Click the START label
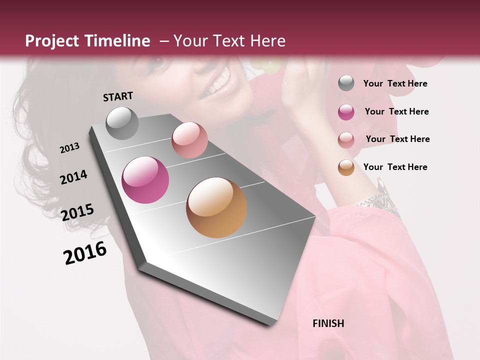point(118,96)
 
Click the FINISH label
point(328,323)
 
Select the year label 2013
point(69,148)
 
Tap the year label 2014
point(73,177)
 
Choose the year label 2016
point(85,253)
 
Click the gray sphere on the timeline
point(122,123)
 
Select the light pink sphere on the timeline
point(189,140)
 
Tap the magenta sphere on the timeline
point(145,180)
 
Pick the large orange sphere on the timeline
point(216,207)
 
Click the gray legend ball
point(346,83)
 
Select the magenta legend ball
point(346,112)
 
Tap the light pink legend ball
point(346,139)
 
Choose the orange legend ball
point(346,167)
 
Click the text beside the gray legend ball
point(395,84)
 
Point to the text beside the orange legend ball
point(395,167)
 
